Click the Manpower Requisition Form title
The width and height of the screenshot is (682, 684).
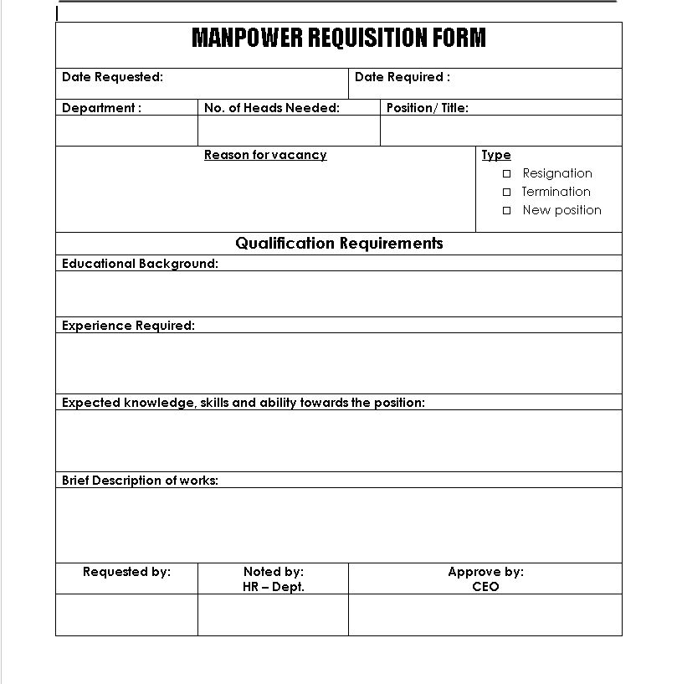coord(338,39)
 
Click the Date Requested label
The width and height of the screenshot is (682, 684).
coord(112,77)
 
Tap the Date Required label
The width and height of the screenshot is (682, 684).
coord(402,77)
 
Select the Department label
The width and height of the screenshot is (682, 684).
coord(101,108)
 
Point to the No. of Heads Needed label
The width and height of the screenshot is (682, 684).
coord(271,108)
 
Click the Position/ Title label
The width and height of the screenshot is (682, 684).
coord(427,108)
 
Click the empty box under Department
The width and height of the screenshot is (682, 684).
coord(126,131)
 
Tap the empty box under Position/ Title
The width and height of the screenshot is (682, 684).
coord(500,131)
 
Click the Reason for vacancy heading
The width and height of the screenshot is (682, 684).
coord(265,155)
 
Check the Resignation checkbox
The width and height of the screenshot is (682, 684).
coord(506,173)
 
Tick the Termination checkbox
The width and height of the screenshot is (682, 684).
coord(506,192)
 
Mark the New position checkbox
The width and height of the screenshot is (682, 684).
coord(506,210)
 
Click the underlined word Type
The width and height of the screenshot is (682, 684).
coord(495,155)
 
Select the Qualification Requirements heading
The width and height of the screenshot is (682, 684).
coord(339,244)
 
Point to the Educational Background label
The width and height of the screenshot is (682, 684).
coord(140,264)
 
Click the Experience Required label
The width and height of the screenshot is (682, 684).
coord(128,326)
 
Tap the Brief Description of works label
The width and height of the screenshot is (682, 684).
coord(140,481)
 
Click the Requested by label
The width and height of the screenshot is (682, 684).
coord(126,572)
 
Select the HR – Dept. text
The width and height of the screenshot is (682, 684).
coord(273,587)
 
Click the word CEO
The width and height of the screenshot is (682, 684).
coord(485,587)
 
